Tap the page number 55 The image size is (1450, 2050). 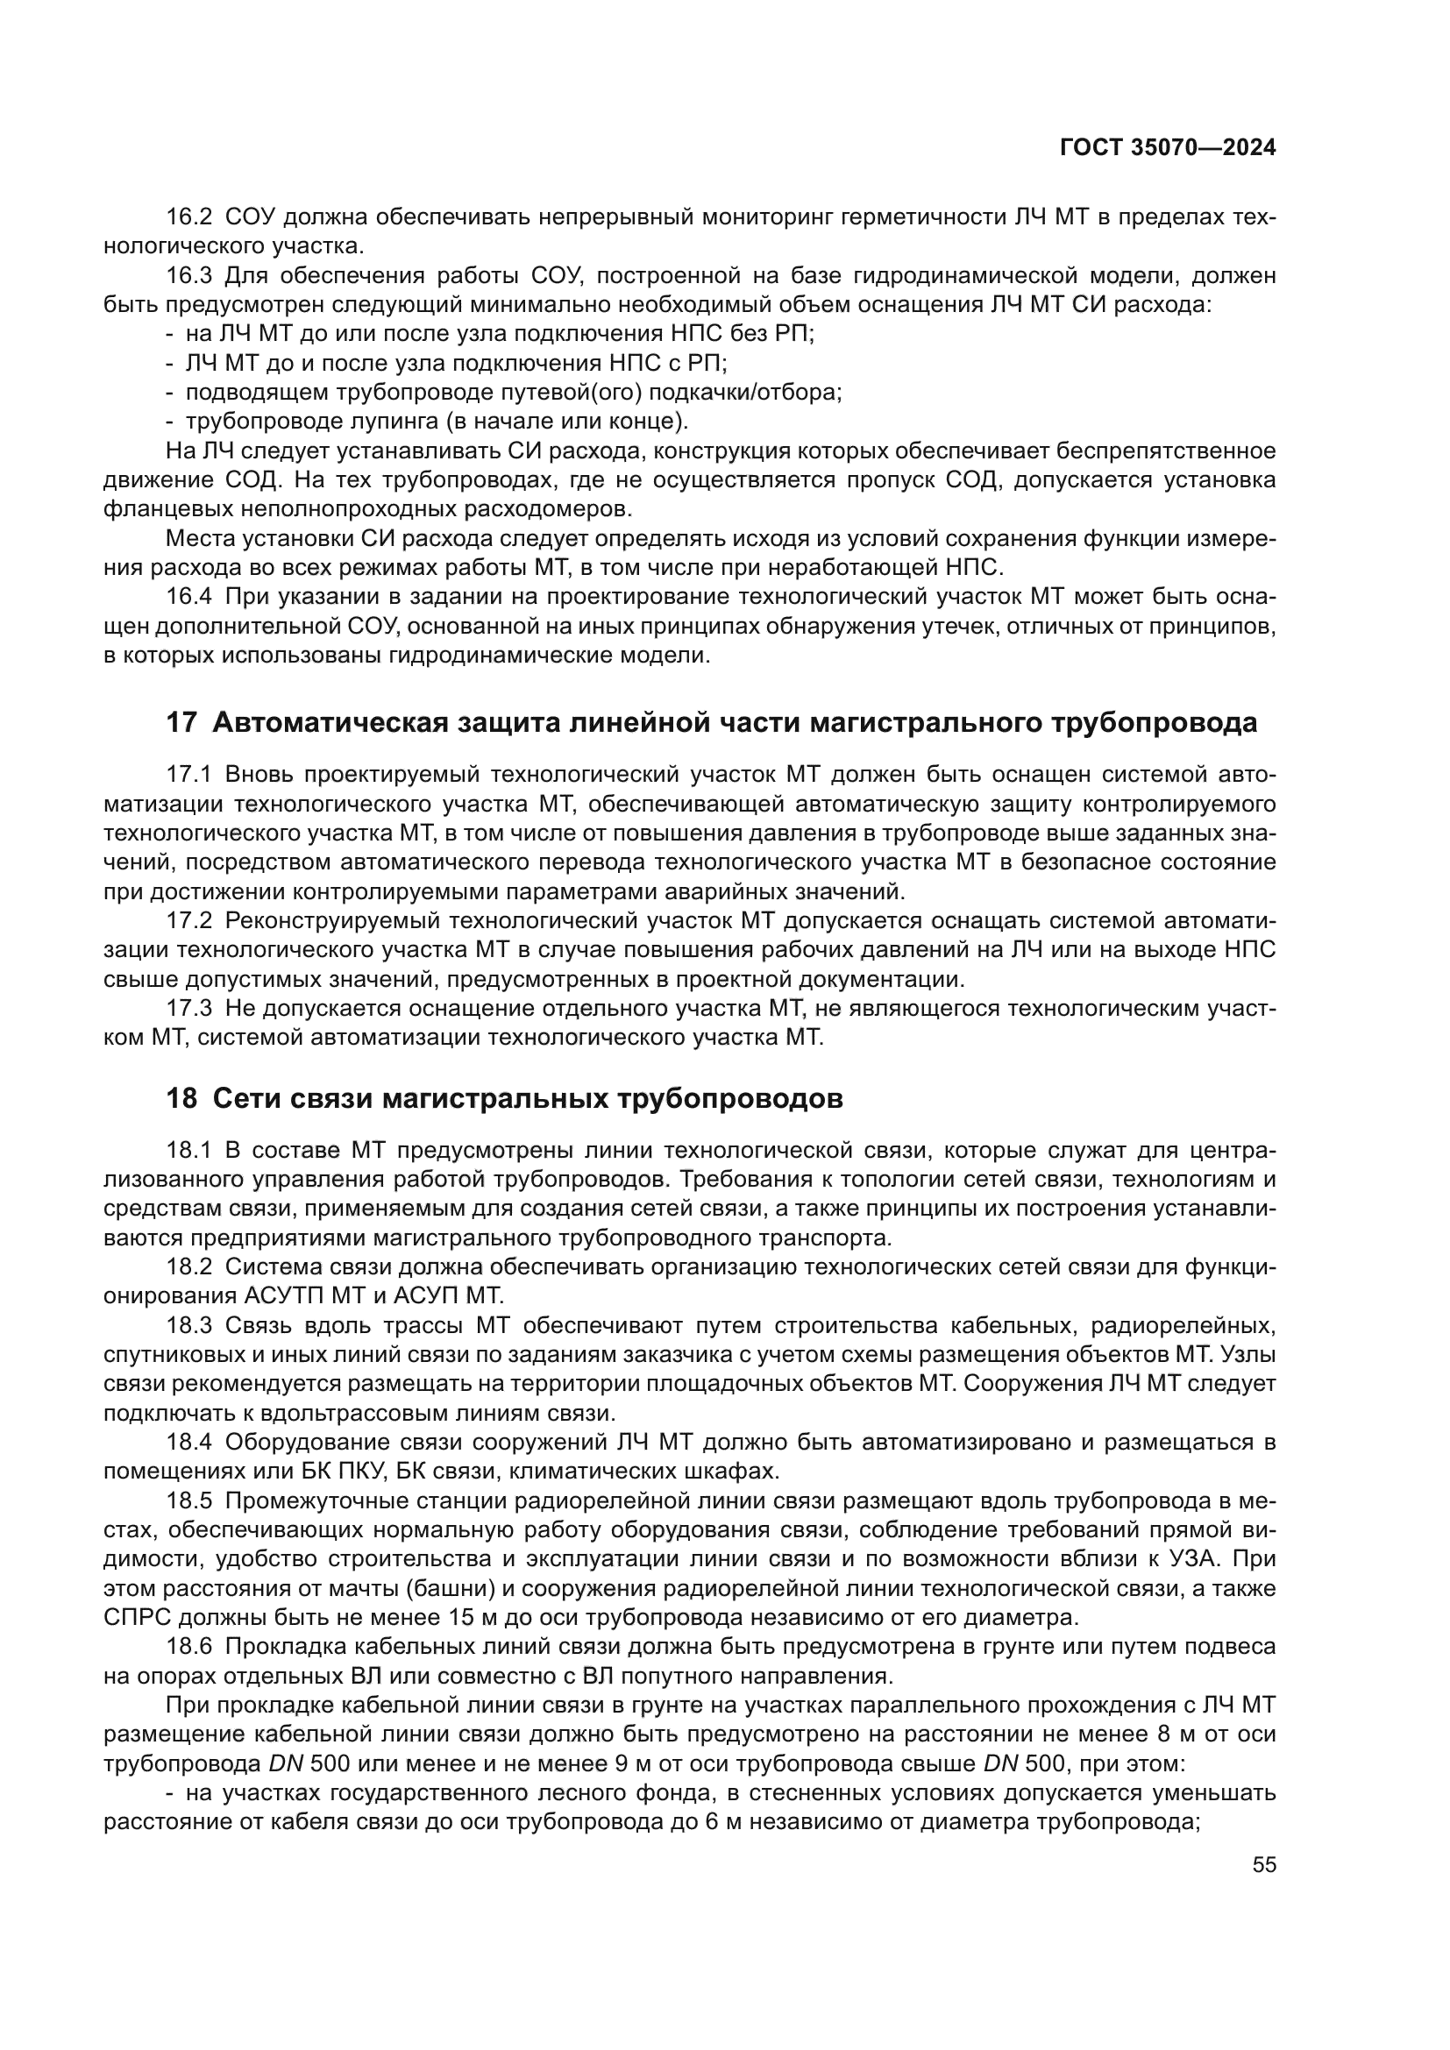tap(1264, 1864)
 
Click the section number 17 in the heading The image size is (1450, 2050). tap(181, 722)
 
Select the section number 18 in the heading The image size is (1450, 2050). tap(181, 1098)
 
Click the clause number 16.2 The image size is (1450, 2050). tap(190, 217)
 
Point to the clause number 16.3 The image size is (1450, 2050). tap(190, 276)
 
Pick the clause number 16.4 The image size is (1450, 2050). tap(190, 598)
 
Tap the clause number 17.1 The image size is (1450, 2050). tap(190, 774)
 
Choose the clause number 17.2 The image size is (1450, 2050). tap(190, 920)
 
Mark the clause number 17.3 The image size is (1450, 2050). tap(190, 1008)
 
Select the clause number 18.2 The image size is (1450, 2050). tap(190, 1267)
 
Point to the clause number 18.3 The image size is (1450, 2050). tap(190, 1325)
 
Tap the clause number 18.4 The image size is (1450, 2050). tap(190, 1442)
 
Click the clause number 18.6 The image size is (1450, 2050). tap(190, 1647)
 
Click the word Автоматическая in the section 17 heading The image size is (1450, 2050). tap(330, 722)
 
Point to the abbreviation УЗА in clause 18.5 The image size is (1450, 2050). tap(1196, 1559)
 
